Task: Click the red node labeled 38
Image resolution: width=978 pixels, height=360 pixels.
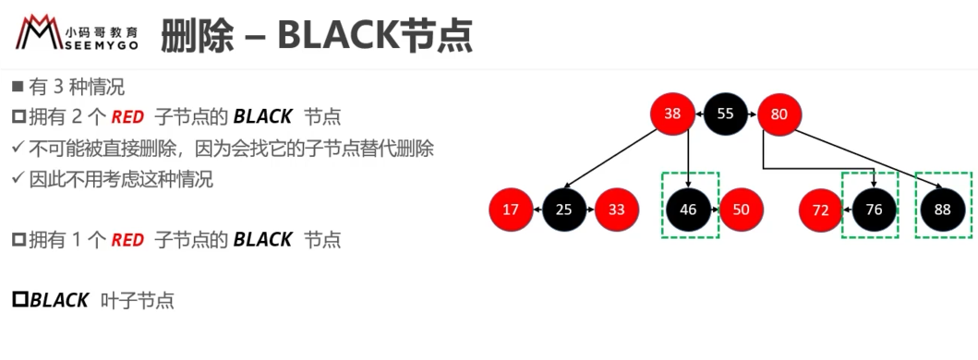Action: (672, 114)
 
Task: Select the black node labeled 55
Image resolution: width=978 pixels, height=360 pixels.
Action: (725, 114)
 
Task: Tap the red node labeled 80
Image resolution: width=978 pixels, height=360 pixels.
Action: (779, 114)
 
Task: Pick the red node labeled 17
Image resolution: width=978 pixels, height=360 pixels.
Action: (511, 210)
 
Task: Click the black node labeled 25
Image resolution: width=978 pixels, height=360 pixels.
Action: (564, 210)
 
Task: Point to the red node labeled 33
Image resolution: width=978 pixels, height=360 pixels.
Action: (617, 210)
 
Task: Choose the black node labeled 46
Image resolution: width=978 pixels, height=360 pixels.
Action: (689, 210)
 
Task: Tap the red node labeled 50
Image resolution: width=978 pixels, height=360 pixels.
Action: (742, 210)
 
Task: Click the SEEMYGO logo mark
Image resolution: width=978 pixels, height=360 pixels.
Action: (39, 33)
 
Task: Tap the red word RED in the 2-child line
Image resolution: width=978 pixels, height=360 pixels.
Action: (127, 116)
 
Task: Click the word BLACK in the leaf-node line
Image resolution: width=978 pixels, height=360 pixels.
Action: (59, 301)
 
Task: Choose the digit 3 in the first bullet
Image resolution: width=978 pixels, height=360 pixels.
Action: (59, 88)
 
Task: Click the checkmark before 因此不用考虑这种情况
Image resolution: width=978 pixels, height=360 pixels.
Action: (18, 179)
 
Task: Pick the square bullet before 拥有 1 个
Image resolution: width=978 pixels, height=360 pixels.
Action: (18, 240)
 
